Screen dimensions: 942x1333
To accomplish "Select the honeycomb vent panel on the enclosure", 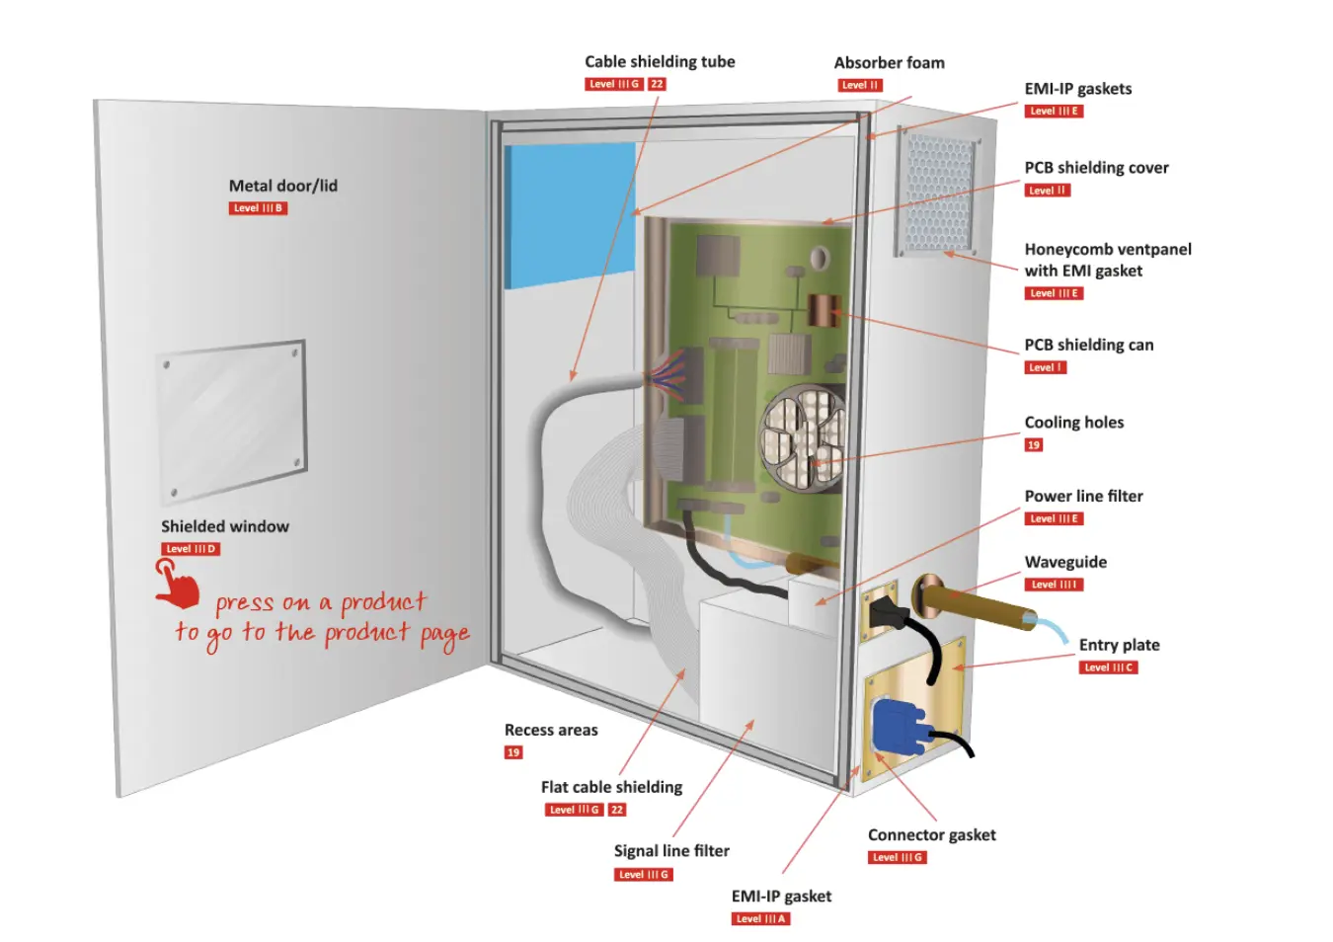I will tap(939, 194).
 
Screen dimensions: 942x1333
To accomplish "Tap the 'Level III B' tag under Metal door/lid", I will tap(258, 208).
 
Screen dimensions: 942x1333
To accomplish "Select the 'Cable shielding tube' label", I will tap(660, 61).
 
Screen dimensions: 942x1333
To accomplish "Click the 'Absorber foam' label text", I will tap(889, 62).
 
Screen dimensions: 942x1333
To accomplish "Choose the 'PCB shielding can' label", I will tap(1088, 345).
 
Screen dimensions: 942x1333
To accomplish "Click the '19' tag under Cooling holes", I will tap(1034, 445).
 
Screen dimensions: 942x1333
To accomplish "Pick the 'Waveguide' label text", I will tap(1065, 562).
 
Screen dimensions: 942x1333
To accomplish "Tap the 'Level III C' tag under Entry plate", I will tap(1108, 667).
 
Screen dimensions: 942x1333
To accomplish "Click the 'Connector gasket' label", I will tap(931, 834).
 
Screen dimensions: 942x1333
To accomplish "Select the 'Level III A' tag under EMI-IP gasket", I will tap(760, 919).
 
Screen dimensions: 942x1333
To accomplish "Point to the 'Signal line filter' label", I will tap(671, 850).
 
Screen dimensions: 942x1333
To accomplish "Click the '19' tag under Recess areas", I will tap(513, 752).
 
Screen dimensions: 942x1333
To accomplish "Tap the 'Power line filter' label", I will tap(1083, 496).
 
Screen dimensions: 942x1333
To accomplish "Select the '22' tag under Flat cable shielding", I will tap(617, 810).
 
